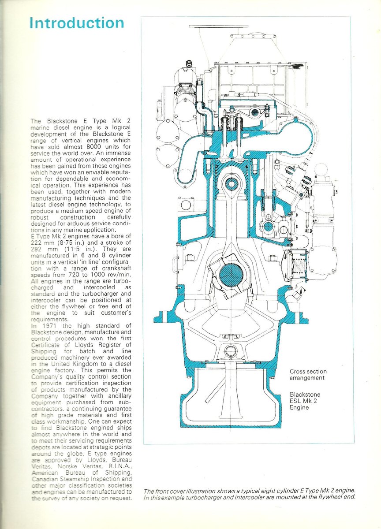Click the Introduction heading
pyautogui.click(x=77, y=23)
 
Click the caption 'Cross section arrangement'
pyautogui.click(x=308, y=375)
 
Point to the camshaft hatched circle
pyautogui.click(x=268, y=227)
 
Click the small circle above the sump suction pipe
pyautogui.click(x=230, y=351)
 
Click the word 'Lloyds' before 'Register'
pyautogui.click(x=92, y=345)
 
